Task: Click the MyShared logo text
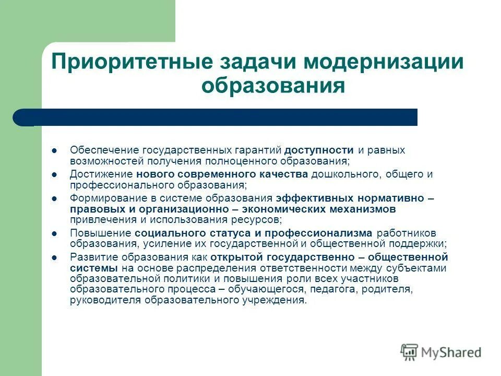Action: (x=452, y=352)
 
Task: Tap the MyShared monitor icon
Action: (x=410, y=351)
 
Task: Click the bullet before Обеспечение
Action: (x=54, y=150)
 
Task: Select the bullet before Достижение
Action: (x=54, y=174)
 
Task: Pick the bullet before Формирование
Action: (x=54, y=198)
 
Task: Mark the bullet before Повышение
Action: (x=54, y=233)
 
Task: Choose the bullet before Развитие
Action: (x=54, y=257)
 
